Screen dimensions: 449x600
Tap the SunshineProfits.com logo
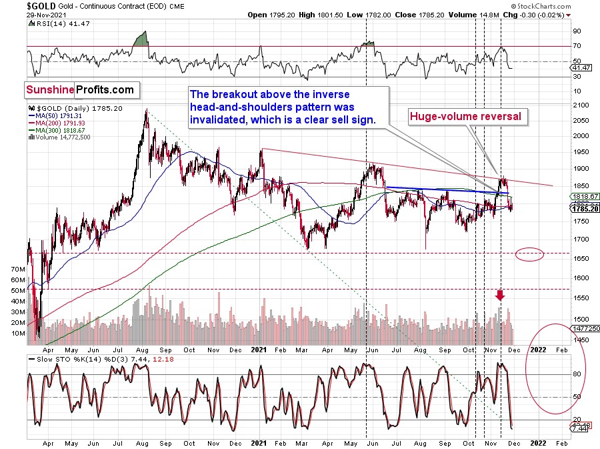click(80, 89)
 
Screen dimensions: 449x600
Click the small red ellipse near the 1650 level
click(529, 254)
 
